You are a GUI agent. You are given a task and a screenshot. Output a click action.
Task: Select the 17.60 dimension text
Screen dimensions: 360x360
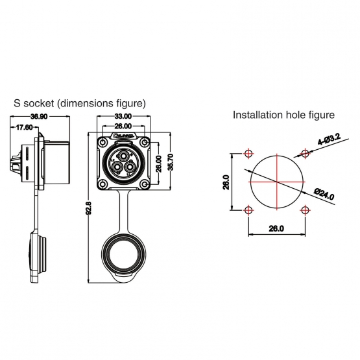pyautogui.click(x=25, y=128)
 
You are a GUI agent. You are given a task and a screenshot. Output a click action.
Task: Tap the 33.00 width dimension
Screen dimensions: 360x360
pyautogui.click(x=123, y=116)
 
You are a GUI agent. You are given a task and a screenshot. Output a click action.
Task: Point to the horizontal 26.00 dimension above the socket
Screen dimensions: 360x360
pyautogui.click(x=123, y=125)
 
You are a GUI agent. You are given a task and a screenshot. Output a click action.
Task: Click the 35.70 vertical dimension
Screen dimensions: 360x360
pyautogui.click(x=171, y=162)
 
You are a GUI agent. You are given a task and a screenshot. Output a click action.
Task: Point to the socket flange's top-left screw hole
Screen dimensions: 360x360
pyautogui.click(x=103, y=140)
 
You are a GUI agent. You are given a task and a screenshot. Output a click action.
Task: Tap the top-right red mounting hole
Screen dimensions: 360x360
pyautogui.click(x=304, y=154)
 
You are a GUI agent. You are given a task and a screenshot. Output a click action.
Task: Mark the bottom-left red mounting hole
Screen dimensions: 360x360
pyautogui.click(x=248, y=210)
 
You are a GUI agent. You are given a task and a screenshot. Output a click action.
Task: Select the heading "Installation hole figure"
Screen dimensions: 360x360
pyautogui.click(x=283, y=115)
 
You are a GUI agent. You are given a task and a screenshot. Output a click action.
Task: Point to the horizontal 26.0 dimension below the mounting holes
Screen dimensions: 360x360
pyautogui.click(x=276, y=229)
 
